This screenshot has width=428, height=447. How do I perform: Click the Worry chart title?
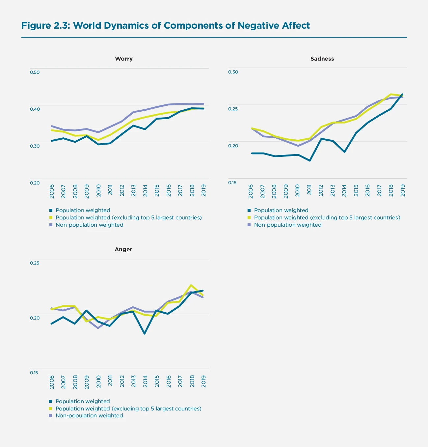click(x=124, y=59)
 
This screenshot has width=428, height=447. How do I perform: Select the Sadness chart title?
click(x=322, y=59)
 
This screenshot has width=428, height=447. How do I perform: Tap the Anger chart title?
click(x=123, y=249)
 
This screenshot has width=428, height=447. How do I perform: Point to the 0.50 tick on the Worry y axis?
click(x=35, y=72)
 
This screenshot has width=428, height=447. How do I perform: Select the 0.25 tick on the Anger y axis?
click(x=35, y=263)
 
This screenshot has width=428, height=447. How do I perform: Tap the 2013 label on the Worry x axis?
click(x=134, y=190)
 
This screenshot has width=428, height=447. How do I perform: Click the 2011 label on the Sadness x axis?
click(x=309, y=190)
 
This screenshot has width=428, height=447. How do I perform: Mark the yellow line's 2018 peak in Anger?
click(x=191, y=285)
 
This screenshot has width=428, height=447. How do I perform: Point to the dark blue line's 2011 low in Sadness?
click(x=310, y=160)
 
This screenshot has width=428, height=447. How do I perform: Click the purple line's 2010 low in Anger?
click(x=98, y=328)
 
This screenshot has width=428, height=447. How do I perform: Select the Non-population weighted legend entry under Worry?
click(x=89, y=225)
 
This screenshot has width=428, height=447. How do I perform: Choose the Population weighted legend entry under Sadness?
click(x=281, y=210)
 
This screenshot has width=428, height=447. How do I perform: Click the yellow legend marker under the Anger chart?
click(x=51, y=408)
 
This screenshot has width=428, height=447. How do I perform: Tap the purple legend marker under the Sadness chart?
click(x=249, y=225)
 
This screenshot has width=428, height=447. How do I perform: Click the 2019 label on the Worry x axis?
click(x=204, y=190)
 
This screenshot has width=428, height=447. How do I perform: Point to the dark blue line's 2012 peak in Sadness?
click(x=321, y=139)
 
